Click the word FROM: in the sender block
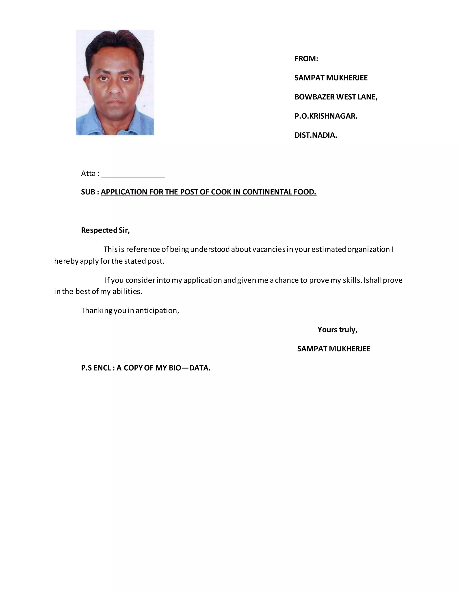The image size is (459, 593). tap(306, 59)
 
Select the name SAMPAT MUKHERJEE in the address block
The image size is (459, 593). tap(331, 78)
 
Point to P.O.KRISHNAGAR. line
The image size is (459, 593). tap(326, 116)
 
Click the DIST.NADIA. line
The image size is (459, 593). tap(316, 135)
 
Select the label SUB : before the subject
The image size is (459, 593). tap(90, 192)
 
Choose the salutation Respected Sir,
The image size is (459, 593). tap(106, 230)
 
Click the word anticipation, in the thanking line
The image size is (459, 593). tap(157, 311)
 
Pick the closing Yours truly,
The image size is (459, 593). tap(337, 330)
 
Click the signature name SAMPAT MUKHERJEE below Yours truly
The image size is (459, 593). tap(334, 349)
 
